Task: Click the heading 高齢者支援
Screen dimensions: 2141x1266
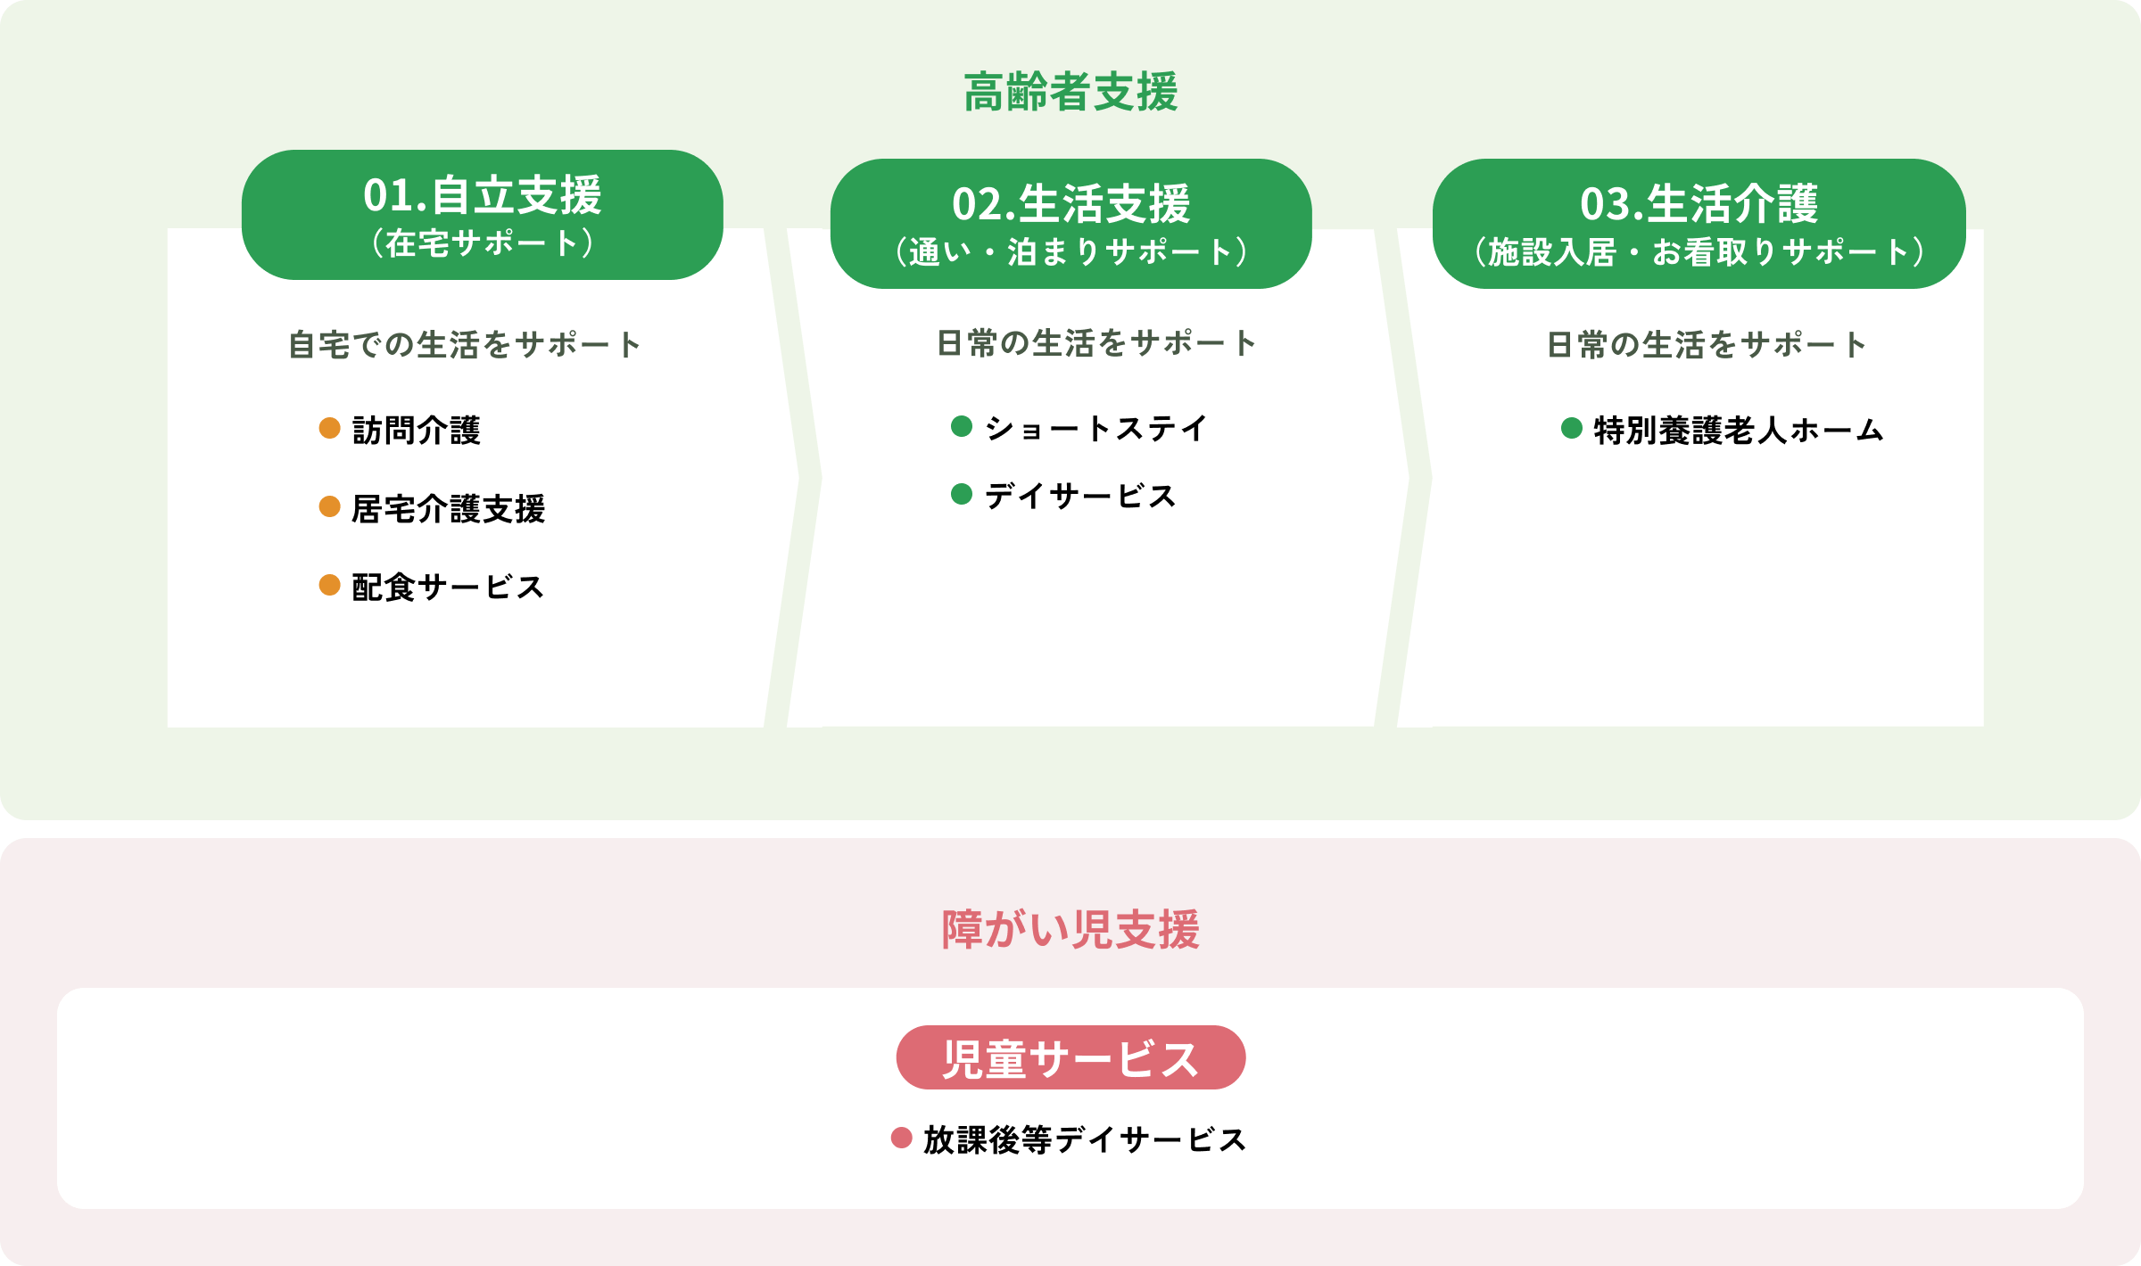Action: click(1070, 92)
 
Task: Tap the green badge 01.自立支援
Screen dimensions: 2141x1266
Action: click(483, 215)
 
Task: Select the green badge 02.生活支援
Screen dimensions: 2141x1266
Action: click(1070, 224)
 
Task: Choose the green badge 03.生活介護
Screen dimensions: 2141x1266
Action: click(1699, 224)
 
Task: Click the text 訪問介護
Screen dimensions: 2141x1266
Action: click(417, 431)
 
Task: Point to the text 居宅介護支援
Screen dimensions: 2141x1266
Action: click(449, 509)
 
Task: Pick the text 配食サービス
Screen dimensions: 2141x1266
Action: click(448, 588)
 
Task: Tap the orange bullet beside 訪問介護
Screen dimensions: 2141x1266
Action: click(330, 428)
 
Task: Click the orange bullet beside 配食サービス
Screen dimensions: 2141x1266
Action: click(330, 585)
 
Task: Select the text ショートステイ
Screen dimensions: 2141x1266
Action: click(1095, 429)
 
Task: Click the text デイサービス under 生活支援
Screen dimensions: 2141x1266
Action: click(1080, 496)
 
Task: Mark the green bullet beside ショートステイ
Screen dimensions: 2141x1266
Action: click(962, 426)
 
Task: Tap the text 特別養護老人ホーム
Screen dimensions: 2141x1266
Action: click(1739, 431)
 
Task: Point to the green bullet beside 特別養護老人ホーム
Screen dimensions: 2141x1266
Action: click(1572, 428)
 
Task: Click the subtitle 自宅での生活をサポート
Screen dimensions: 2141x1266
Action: click(465, 345)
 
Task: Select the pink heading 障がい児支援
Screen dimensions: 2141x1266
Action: click(1070, 930)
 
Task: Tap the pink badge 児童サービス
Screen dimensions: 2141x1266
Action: click(1070, 1057)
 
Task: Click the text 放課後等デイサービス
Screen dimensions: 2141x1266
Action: click(1085, 1140)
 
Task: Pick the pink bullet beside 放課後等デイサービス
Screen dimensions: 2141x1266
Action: click(902, 1138)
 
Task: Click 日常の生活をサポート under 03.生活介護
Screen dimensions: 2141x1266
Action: click(1707, 345)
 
